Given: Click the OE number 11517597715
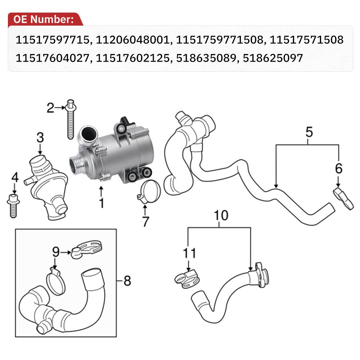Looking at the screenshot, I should [x=51, y=40].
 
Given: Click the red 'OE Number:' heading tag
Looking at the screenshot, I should [x=44, y=20].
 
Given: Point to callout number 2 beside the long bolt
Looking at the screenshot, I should [x=51, y=107].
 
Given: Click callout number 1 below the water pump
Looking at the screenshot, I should [x=102, y=203].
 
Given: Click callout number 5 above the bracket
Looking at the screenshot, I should [x=309, y=132].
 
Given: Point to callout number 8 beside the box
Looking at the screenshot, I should [x=127, y=280].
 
